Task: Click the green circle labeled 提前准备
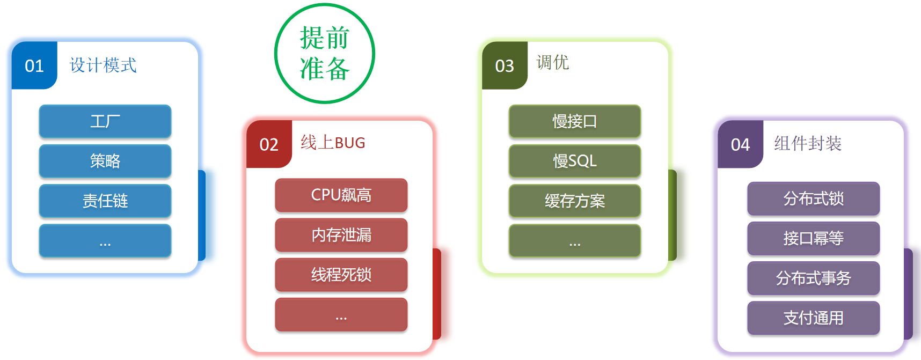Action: [324, 54]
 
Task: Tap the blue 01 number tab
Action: [34, 65]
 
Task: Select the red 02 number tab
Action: [269, 144]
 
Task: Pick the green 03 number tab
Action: [505, 65]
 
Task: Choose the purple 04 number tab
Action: [740, 144]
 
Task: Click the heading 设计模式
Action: [103, 65]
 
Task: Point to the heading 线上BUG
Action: [333, 143]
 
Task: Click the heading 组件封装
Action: [807, 143]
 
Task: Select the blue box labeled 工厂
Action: [105, 121]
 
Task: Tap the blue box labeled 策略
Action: [105, 161]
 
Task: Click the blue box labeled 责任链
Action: [105, 201]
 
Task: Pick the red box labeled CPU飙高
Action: [341, 195]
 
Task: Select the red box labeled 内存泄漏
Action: [341, 234]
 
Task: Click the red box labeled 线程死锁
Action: [341, 275]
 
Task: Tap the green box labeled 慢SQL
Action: [575, 161]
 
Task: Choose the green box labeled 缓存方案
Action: [575, 201]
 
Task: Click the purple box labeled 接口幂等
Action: [813, 238]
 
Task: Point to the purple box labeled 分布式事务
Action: [813, 278]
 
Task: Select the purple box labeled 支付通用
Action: [813, 318]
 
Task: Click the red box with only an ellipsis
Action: [341, 314]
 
